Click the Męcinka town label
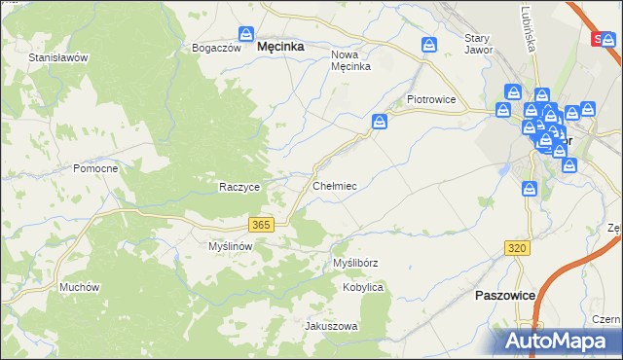click(279, 46)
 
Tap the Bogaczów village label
click(216, 48)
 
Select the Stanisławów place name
click(58, 57)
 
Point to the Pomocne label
click(95, 168)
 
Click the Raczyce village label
click(238, 187)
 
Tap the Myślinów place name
click(231, 246)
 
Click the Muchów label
click(80, 287)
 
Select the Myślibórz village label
click(355, 263)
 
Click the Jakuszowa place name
click(332, 326)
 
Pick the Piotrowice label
click(431, 99)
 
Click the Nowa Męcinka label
click(351, 60)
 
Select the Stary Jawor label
click(478, 44)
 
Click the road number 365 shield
click(260, 225)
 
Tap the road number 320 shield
click(517, 249)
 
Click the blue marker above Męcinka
click(247, 33)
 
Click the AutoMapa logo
click(555, 341)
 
